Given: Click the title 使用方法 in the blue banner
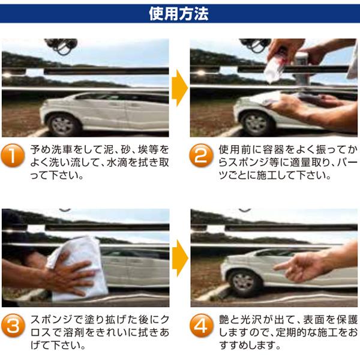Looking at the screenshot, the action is (x=179, y=14).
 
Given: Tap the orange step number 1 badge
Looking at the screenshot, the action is (x=13, y=155).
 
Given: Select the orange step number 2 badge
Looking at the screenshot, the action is (x=201, y=155).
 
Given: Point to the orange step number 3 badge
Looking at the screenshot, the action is (x=13, y=325).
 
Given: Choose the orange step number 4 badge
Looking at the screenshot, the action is (x=201, y=325).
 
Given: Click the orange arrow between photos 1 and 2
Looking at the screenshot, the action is (x=179, y=88).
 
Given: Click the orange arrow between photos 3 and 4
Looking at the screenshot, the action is (x=180, y=258).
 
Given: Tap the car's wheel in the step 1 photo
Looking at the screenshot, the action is (x=64, y=125).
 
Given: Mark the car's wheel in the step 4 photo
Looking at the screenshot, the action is (x=244, y=283).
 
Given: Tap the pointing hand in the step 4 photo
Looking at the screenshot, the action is (x=301, y=266).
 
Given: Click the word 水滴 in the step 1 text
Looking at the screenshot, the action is (x=118, y=163).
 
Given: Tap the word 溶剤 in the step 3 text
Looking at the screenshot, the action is (x=73, y=332).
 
